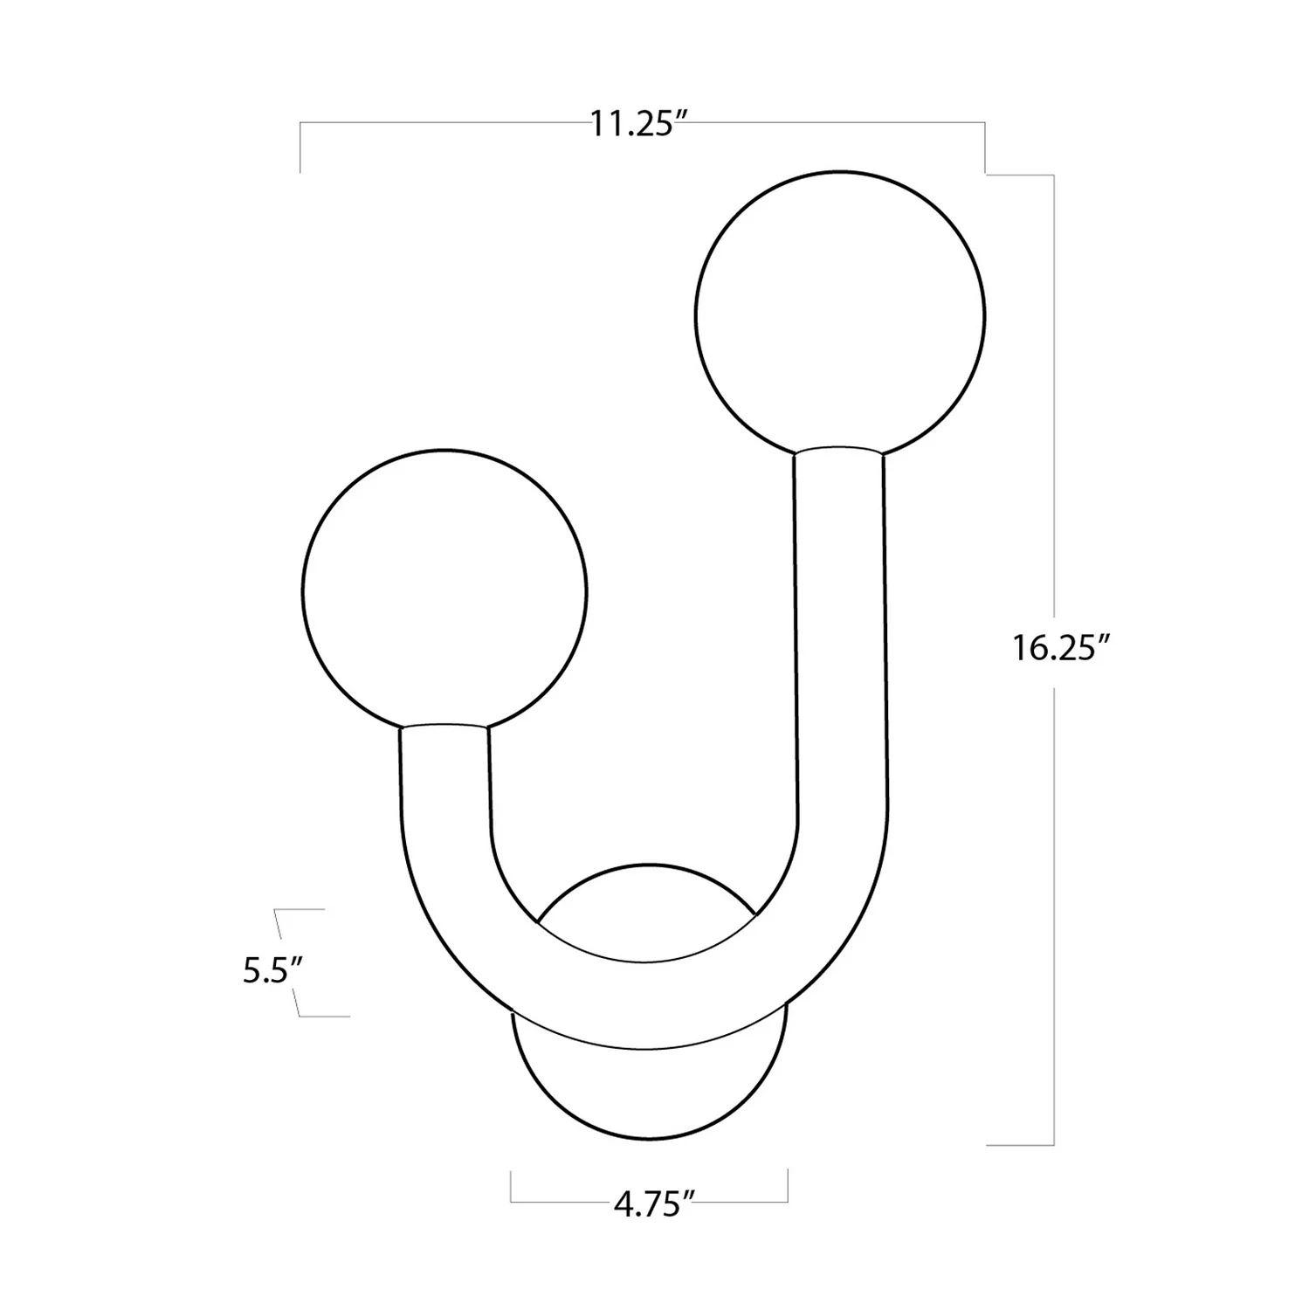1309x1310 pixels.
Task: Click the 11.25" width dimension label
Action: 635,124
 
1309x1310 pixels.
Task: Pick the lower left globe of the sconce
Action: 444,591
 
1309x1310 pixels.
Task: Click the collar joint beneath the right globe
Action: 838,452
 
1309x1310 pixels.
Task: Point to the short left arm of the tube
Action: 445,777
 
